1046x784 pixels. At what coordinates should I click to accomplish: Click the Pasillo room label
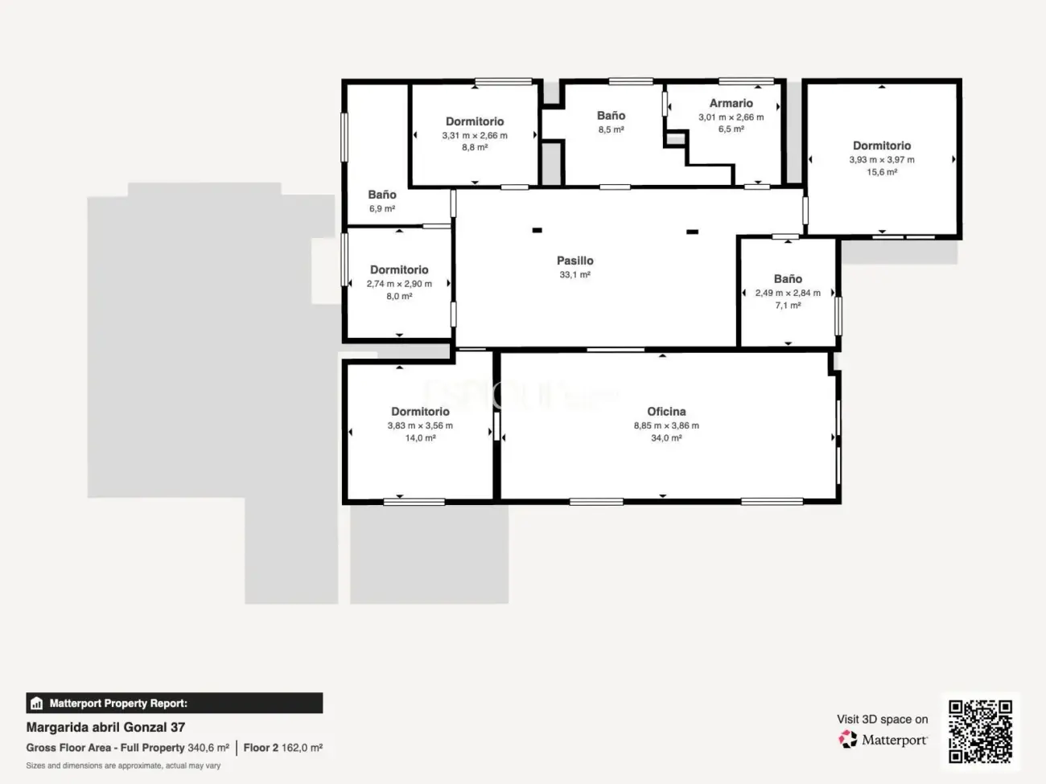pos(574,261)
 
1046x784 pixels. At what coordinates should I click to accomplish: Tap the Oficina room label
pos(666,411)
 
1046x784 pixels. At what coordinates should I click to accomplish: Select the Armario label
pos(731,103)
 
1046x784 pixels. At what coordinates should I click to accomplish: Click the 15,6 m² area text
pos(882,172)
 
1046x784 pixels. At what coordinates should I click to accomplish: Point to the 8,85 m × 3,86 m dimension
pos(666,425)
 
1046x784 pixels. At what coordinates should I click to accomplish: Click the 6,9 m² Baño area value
pos(381,208)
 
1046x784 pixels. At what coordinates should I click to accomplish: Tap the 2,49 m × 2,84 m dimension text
pos(788,293)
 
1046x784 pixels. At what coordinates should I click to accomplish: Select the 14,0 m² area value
pos(420,438)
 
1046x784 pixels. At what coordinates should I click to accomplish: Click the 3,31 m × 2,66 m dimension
pos(474,136)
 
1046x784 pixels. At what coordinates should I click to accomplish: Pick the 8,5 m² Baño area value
pos(611,129)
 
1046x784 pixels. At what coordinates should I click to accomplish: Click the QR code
pos(980,731)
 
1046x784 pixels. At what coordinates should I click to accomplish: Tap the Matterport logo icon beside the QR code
pos(847,739)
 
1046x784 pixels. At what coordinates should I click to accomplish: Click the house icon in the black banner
pos(37,703)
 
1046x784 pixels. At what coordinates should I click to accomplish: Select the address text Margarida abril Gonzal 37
pos(105,727)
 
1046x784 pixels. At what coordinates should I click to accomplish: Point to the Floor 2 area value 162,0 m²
pos(302,748)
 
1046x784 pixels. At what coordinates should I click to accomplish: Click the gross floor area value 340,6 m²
pos(208,748)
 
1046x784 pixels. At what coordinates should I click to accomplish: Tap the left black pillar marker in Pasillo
pos(537,231)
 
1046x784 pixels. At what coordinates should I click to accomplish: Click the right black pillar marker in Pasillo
pos(693,232)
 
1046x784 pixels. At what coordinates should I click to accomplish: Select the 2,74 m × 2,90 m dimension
pos(399,284)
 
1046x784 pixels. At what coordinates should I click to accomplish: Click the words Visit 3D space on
pos(882,719)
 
